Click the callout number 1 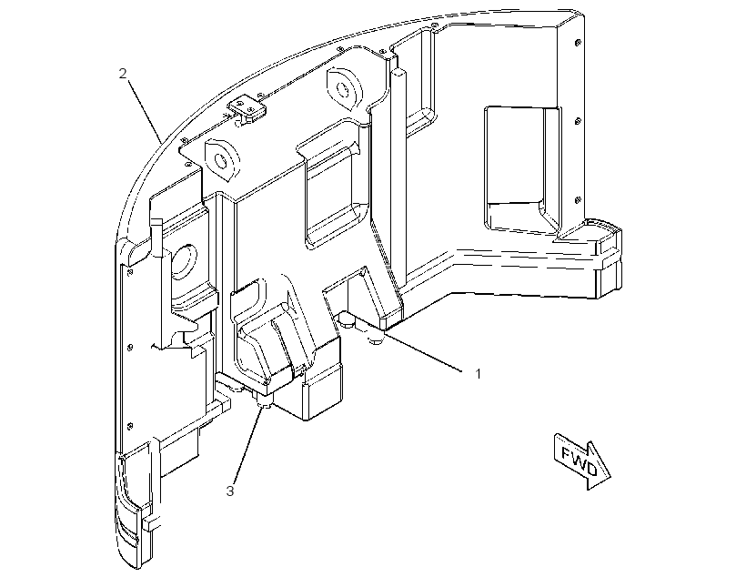tap(479, 374)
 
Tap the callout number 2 tap(123, 74)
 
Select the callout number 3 tap(230, 491)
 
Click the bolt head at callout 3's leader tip tap(264, 405)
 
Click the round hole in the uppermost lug tap(342, 88)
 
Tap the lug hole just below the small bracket tap(222, 161)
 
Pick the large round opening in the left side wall tap(183, 261)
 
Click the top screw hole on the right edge tap(577, 43)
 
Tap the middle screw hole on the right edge tap(578, 121)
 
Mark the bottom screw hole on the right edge tap(578, 200)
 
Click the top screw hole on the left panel tap(130, 272)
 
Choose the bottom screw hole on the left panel tap(130, 425)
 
